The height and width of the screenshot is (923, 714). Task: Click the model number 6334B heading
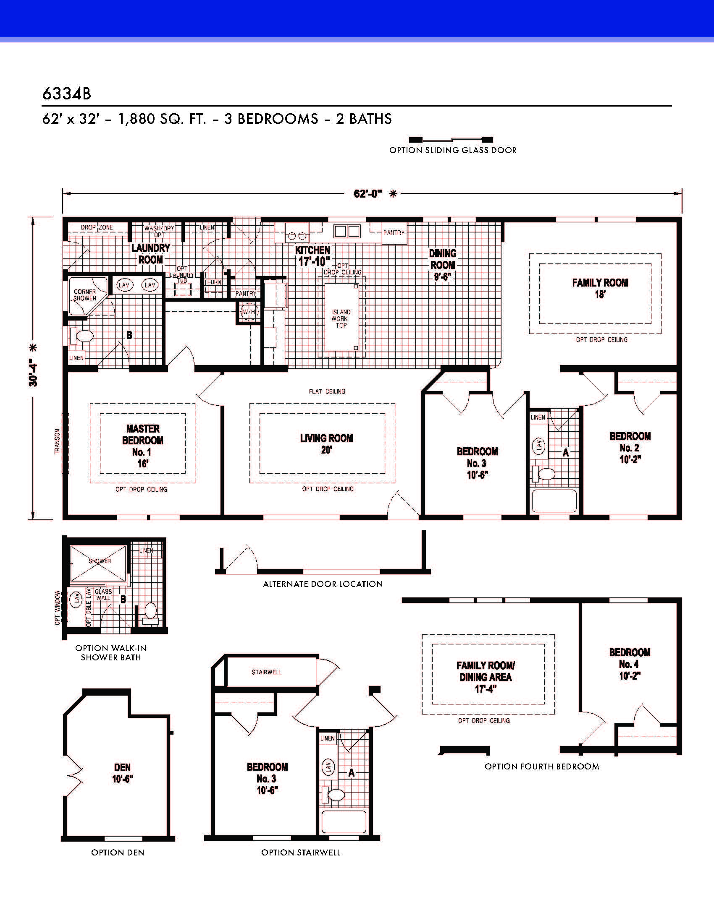pos(66,94)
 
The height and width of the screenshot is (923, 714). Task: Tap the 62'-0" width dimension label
pos(368,194)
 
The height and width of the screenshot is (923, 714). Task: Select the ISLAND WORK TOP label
pos(341,319)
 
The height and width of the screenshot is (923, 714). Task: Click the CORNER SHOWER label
pos(84,295)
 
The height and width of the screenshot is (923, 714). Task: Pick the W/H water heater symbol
pos(248,312)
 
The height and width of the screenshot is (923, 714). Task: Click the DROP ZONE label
pos(97,227)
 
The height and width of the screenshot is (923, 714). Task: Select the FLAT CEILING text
pos(327,391)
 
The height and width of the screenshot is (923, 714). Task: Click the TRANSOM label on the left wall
pos(57,442)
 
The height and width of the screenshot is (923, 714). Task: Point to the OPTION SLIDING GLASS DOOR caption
pos(453,150)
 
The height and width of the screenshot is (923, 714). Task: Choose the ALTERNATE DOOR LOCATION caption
pos(323,584)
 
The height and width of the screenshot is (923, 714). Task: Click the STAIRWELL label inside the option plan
pos(266,672)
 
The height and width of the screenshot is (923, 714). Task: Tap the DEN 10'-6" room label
pos(123,773)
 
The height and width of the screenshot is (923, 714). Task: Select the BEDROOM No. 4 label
pos(630,664)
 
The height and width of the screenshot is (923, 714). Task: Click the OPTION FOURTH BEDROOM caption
pos(542,766)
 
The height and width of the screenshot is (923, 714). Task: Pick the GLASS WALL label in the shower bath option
pos(103,594)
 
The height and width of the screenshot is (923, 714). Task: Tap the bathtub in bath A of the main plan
pos(554,501)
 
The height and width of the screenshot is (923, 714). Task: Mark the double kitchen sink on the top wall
pos(347,231)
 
